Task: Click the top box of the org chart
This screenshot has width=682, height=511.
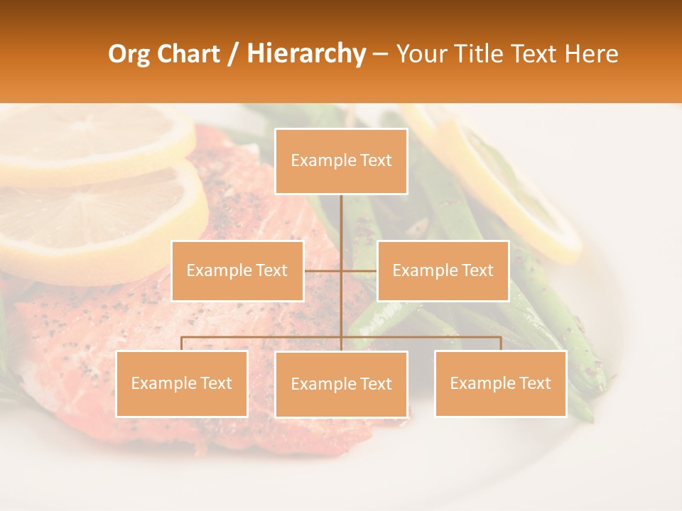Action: click(x=341, y=161)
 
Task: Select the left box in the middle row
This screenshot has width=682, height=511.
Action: click(x=237, y=270)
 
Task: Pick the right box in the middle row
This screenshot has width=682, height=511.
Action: click(x=443, y=270)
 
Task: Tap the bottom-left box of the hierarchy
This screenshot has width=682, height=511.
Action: click(x=182, y=383)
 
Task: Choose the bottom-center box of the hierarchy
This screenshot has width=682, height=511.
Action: click(x=341, y=384)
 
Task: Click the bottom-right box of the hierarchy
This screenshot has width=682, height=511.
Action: click(x=501, y=383)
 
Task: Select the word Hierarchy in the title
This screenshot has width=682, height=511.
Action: click(x=306, y=54)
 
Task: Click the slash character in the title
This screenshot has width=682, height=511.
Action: click(x=233, y=54)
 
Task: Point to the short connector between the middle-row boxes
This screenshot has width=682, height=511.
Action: click(x=340, y=270)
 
